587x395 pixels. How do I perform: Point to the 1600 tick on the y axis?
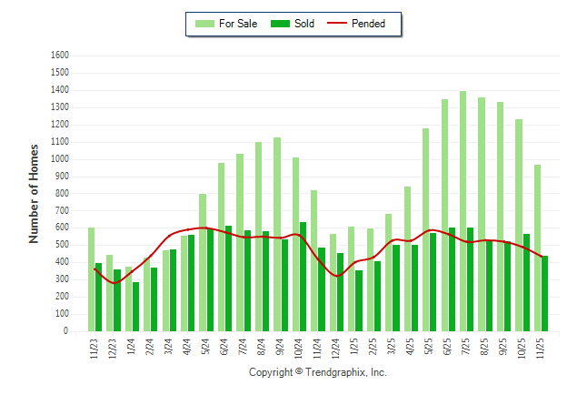pos(60,55)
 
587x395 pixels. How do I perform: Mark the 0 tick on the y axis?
pos(66,331)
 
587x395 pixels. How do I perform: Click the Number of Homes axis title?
pos(34,193)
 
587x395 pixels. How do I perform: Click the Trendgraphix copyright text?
pos(318,373)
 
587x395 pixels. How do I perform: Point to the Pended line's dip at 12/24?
pos(337,276)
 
